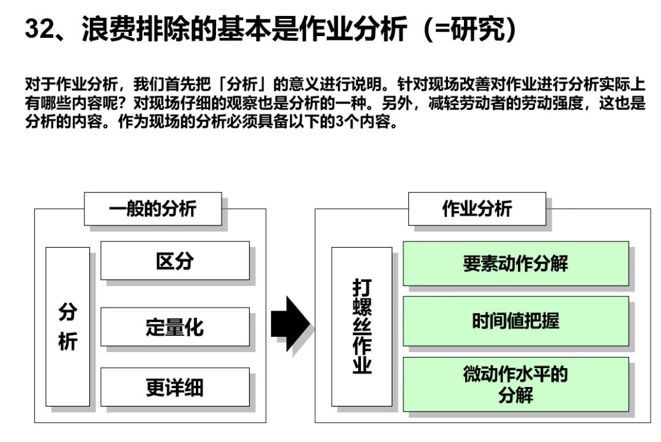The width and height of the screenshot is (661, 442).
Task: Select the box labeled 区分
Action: point(174,261)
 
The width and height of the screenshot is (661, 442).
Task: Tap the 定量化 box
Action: point(174,326)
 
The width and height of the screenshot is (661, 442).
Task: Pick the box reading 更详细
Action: point(174,387)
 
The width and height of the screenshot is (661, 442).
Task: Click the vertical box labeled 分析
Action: point(67,326)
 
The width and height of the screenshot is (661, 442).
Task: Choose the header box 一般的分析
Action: point(152,209)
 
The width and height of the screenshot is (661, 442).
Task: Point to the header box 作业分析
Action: point(477,209)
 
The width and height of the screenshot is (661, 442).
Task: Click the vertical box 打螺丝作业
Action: point(362,326)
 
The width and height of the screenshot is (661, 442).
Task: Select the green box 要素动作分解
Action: point(515,263)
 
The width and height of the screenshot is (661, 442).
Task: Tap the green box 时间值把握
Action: point(515,321)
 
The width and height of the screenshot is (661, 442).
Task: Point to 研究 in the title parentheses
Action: point(479,29)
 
